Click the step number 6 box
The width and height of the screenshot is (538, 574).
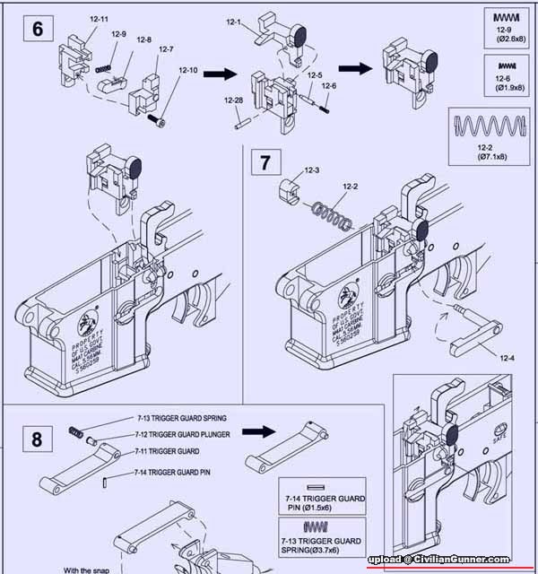(39, 28)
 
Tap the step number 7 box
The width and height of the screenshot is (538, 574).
(265, 163)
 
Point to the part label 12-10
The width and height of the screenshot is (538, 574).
(187, 70)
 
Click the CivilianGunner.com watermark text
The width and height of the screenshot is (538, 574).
(450, 559)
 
